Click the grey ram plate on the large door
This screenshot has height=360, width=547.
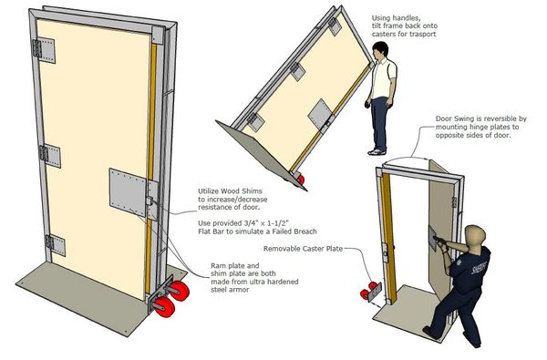click(128, 192)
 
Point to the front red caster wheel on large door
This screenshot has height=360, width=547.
click(165, 306)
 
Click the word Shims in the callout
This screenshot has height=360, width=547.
click(250, 190)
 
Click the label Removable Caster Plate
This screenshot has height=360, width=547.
click(303, 249)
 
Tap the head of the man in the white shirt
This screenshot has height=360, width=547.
click(380, 52)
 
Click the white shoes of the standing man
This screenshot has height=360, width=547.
click(377, 151)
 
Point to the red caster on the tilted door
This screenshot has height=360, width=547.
click(300, 180)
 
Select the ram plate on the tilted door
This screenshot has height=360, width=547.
click(321, 114)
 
